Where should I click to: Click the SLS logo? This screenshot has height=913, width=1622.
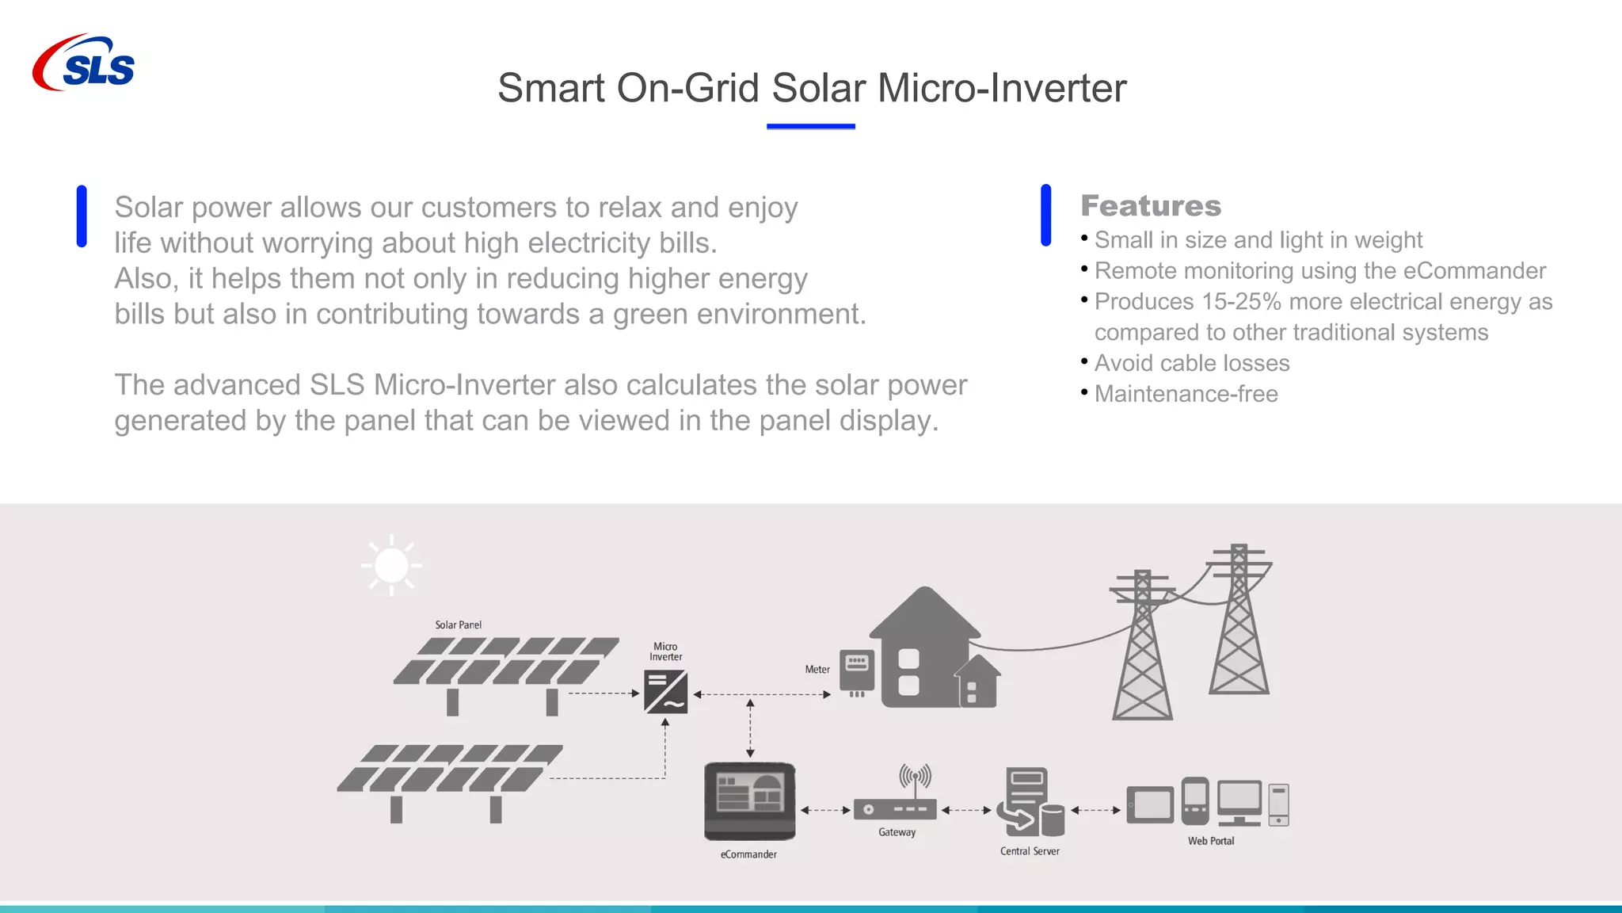[x=84, y=63]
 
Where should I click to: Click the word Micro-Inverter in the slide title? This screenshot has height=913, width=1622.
[x=1002, y=88]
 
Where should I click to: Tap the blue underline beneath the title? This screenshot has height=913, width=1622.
[x=810, y=126]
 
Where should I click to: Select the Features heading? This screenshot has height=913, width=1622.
[x=1151, y=206]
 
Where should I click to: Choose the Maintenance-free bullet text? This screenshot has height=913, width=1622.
[x=1186, y=394]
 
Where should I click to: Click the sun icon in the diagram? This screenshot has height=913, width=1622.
[x=391, y=566]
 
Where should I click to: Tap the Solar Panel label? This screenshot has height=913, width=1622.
[x=458, y=625]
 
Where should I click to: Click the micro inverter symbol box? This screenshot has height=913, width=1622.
[x=665, y=692]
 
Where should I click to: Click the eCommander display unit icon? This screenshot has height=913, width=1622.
[x=749, y=800]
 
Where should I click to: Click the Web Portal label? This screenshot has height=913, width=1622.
[x=1210, y=841]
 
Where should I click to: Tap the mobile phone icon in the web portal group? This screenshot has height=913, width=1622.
[x=1194, y=800]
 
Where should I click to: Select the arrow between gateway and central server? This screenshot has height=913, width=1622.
[x=966, y=810]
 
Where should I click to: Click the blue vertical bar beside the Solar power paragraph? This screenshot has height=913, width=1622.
[x=82, y=216]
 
